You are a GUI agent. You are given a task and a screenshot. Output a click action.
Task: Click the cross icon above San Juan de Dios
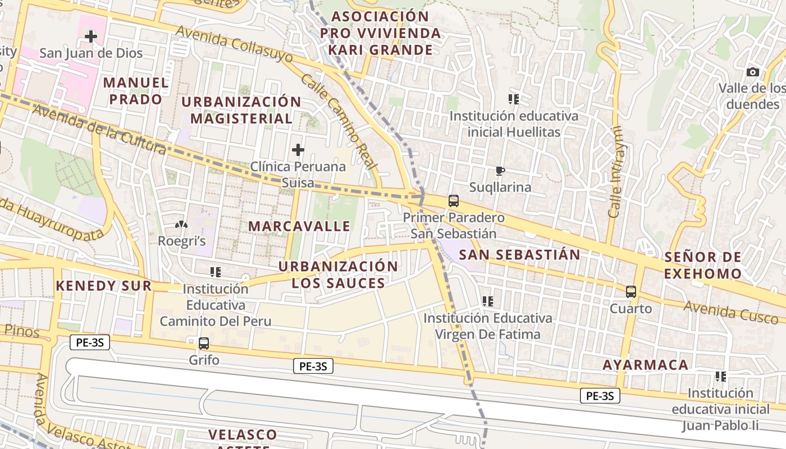click(90, 37)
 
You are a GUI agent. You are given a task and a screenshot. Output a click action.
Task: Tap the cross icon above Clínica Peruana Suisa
click(298, 150)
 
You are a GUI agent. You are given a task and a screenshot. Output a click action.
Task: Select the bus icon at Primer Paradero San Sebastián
click(454, 201)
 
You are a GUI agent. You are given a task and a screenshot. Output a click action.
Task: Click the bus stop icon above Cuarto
click(631, 292)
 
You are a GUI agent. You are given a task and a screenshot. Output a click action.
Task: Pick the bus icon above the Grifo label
click(204, 343)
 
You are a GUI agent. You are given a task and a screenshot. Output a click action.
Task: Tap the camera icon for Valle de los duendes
click(753, 72)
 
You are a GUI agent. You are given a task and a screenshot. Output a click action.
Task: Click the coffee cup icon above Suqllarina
click(500, 171)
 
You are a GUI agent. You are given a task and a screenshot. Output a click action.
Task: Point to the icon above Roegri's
click(181, 224)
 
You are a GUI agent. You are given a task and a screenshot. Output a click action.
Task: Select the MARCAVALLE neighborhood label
click(299, 226)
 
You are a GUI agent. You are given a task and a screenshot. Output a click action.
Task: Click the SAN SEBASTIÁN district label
click(519, 255)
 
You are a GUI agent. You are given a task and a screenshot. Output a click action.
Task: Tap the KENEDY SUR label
click(104, 286)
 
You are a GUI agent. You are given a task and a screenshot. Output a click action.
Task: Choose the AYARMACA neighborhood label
click(645, 365)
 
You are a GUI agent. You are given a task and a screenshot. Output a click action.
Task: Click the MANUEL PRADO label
click(136, 91)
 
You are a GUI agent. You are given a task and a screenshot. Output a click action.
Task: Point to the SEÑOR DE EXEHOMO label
click(703, 265)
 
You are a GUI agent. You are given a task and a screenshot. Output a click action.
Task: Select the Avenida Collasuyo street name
click(234, 45)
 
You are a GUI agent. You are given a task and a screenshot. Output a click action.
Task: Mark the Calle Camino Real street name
click(337, 121)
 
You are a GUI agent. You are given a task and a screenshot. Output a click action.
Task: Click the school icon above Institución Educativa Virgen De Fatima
click(488, 301)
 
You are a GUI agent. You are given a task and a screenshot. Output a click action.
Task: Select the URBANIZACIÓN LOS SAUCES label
click(338, 274)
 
